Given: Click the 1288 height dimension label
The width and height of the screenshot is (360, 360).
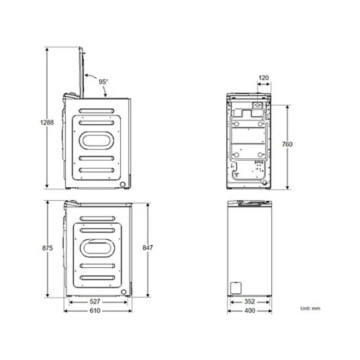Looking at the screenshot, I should (x=46, y=122).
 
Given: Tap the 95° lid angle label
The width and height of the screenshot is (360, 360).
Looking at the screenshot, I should (x=104, y=82).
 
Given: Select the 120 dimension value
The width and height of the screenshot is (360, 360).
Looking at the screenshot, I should (x=264, y=78).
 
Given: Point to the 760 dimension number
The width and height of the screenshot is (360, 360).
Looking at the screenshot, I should (x=287, y=144).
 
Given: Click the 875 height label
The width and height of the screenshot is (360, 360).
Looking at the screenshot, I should (x=47, y=248).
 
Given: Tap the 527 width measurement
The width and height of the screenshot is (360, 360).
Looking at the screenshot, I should (x=95, y=302).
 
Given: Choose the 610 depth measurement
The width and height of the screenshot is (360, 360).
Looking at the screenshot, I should (x=95, y=310).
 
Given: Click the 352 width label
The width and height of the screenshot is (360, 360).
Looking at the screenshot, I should (x=249, y=302).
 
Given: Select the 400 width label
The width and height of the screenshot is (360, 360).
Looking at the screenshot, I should (x=249, y=310).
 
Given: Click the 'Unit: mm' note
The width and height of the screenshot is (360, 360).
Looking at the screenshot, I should (x=310, y=308).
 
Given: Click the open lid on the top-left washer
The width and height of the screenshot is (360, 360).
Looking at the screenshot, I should (x=81, y=72).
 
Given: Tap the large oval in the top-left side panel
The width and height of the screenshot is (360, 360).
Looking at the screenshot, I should (x=96, y=140).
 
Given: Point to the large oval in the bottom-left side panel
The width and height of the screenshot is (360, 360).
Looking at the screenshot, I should (x=97, y=247).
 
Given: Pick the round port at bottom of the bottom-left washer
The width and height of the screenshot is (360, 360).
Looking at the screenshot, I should (x=123, y=292).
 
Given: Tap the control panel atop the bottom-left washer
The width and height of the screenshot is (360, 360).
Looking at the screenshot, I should (x=72, y=204).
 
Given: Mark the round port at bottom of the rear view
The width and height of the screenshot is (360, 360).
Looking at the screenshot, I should (x=264, y=183).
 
